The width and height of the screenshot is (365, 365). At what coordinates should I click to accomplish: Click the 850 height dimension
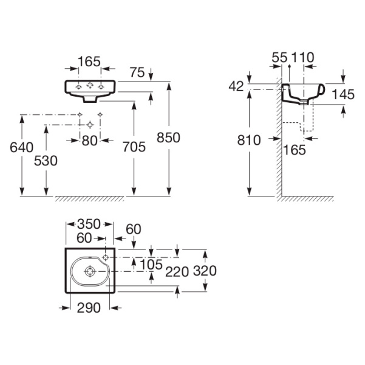point(168,137)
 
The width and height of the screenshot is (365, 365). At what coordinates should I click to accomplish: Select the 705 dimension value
point(134,147)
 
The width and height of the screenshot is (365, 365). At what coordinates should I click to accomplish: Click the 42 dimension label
point(236,86)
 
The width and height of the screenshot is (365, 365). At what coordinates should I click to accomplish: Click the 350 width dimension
point(89,224)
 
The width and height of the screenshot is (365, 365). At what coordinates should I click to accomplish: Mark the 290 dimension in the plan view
point(88,308)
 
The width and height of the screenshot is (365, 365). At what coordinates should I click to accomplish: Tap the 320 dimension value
point(204,270)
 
